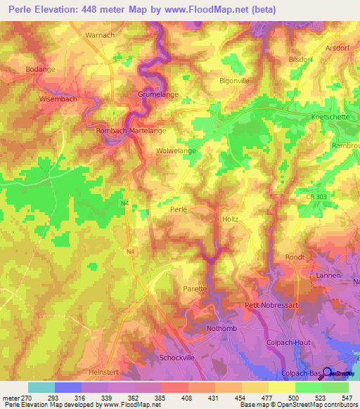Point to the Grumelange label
point(157,93)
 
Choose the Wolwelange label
point(175,150)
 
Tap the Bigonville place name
point(235,81)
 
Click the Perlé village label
point(180,209)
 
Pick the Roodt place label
point(295,257)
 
